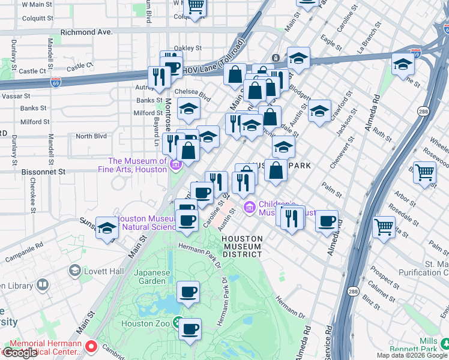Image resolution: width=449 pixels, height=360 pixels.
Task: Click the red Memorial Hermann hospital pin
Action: (x=91, y=346)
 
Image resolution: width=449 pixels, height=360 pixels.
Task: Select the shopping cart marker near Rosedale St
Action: (x=384, y=227)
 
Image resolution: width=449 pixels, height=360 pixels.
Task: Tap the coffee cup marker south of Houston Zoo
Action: (x=190, y=329)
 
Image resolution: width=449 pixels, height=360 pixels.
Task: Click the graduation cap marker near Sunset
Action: (x=107, y=228)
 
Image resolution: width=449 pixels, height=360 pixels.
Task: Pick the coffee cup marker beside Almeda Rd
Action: (x=327, y=221)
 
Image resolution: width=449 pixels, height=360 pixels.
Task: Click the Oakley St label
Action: (x=186, y=48)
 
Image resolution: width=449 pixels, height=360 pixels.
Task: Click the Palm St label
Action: (x=331, y=190)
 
